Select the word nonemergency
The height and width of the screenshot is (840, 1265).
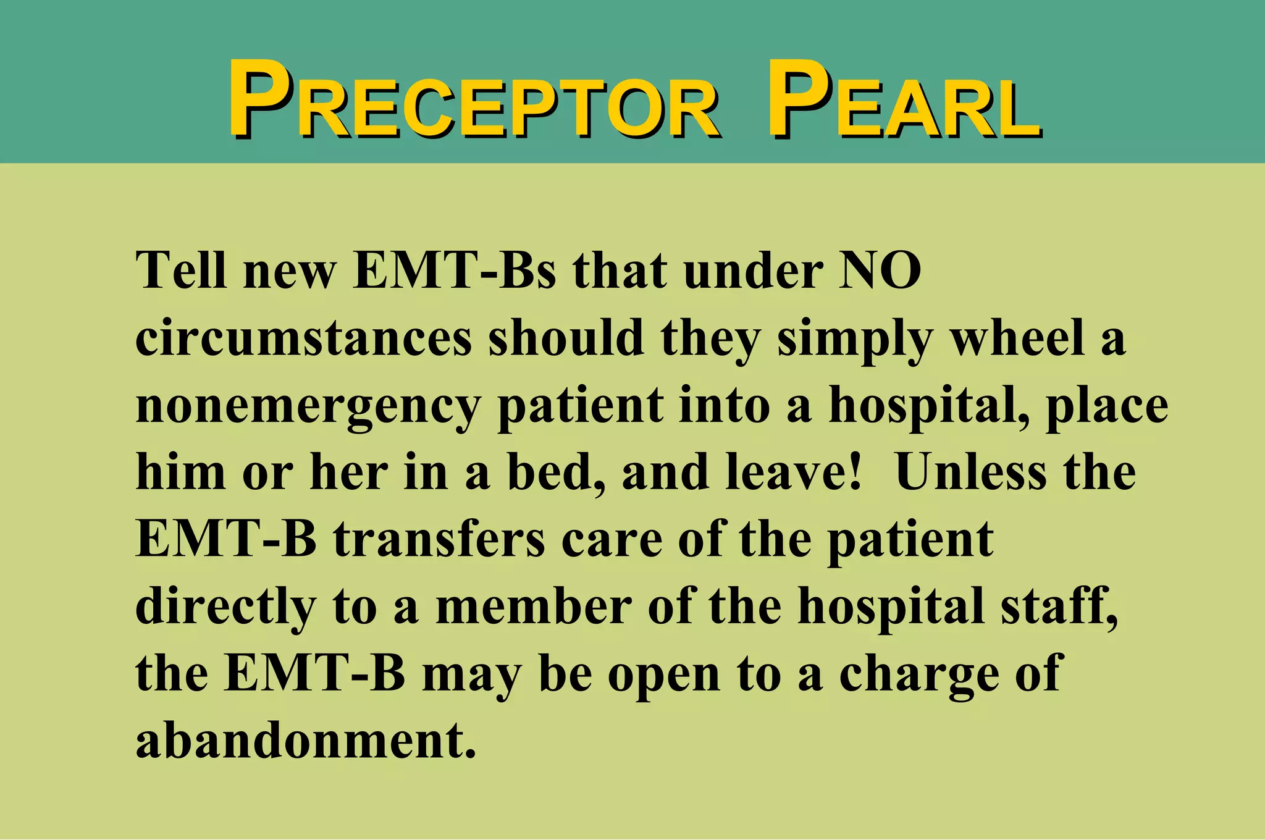[308, 407]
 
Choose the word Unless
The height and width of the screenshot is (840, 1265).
[970, 472]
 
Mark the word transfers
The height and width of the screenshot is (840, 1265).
[439, 539]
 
